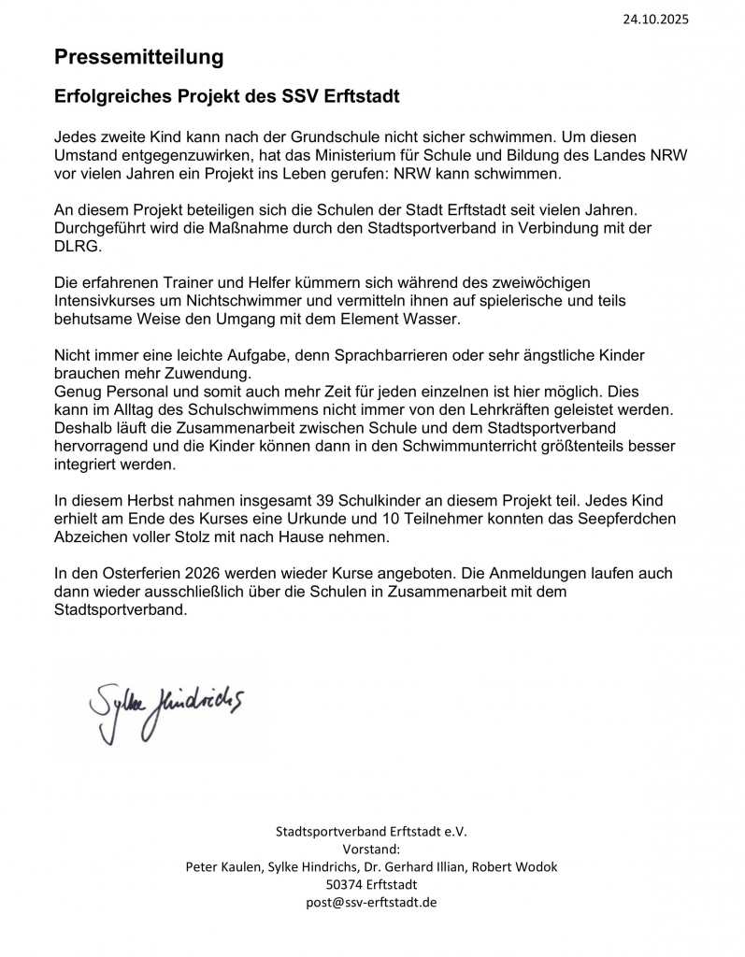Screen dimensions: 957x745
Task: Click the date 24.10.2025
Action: point(654,19)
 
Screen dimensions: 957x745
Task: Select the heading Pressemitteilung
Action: point(138,57)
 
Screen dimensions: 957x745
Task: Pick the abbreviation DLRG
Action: point(74,246)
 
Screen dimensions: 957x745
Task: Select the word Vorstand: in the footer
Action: point(371,849)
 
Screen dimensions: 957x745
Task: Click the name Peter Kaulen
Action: point(225,866)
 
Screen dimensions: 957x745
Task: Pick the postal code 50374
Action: point(346,884)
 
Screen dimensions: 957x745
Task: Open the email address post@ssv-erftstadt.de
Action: point(371,902)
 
